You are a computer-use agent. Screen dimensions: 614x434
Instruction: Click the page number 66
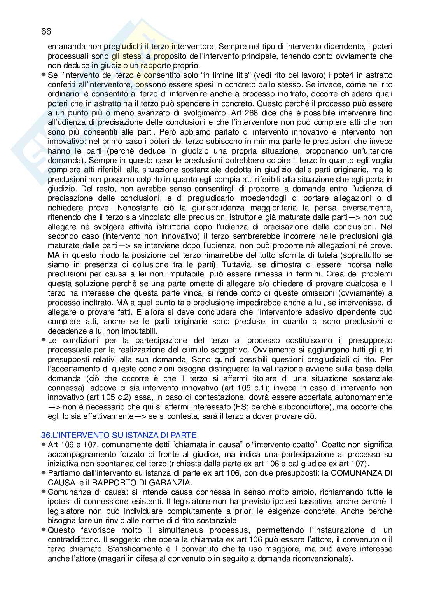click(46, 31)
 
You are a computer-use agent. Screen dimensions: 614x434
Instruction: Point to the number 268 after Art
click(255, 113)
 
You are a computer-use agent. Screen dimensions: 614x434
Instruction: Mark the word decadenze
click(65, 331)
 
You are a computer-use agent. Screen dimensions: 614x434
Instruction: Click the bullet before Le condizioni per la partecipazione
click(44, 340)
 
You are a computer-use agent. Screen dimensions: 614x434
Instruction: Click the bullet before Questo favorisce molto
click(44, 530)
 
